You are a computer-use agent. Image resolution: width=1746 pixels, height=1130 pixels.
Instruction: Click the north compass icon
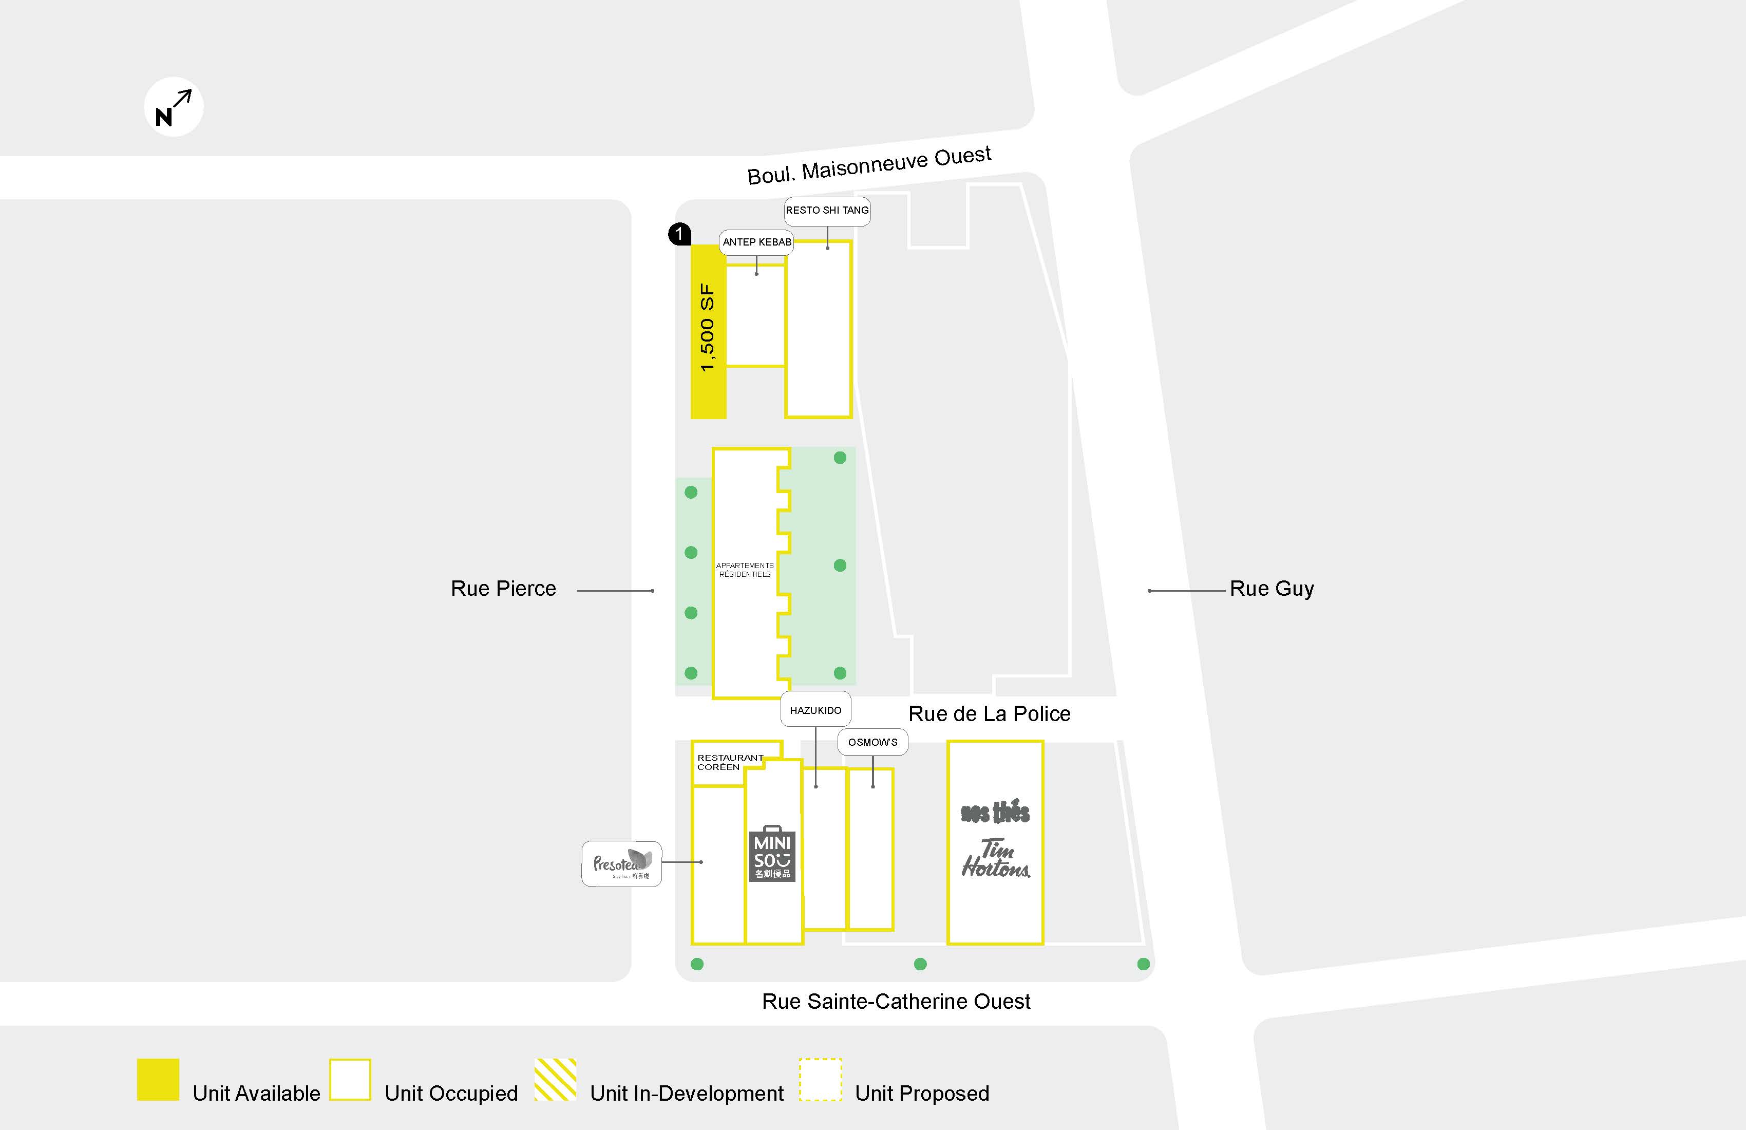(174, 107)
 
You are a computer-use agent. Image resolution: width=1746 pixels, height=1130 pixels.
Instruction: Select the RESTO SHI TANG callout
(827, 211)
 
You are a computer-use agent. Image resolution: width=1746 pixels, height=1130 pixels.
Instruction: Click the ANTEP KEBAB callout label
(756, 242)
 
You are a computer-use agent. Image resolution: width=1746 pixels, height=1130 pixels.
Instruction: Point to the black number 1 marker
(679, 234)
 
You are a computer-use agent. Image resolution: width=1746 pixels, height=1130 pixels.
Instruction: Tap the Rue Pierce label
(503, 589)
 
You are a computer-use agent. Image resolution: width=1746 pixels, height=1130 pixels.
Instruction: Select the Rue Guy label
(1271, 589)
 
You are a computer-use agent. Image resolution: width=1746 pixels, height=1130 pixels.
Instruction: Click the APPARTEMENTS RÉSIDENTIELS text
(745, 570)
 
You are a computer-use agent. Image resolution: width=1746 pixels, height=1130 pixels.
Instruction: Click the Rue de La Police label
(989, 714)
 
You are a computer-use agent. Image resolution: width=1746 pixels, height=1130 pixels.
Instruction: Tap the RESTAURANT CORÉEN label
(729, 762)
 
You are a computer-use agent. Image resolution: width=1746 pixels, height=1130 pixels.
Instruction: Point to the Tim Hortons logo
(996, 858)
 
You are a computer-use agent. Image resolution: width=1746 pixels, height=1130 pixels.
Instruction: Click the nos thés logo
(996, 812)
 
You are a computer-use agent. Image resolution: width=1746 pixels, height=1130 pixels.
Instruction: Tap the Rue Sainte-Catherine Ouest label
(896, 1002)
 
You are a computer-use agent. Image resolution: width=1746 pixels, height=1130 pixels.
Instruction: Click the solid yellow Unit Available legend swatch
(158, 1079)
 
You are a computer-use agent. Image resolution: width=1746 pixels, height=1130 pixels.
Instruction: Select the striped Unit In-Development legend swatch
(555, 1079)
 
